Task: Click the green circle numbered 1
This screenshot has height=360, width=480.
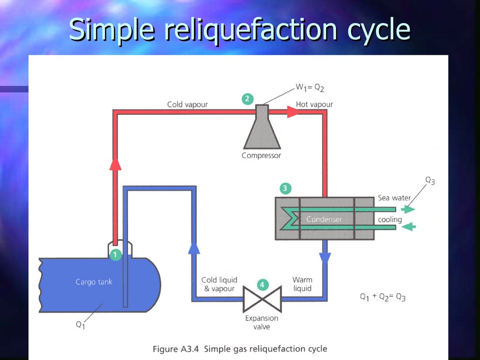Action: coord(115,255)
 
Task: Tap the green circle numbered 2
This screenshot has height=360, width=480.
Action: coord(247,99)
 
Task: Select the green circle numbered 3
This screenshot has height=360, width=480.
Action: coord(285,188)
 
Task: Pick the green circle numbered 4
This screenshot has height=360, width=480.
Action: coord(262,285)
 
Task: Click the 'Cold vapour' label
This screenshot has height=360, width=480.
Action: coord(187,104)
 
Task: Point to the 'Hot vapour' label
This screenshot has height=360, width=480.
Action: coord(314,104)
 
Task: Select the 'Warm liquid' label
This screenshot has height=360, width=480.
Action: coord(302,284)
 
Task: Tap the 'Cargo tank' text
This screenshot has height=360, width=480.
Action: coord(94,282)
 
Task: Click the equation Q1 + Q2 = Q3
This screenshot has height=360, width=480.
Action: coord(382,297)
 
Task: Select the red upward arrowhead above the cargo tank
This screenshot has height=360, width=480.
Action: coord(115,163)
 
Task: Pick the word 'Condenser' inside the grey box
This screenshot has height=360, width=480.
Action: coord(324,219)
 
